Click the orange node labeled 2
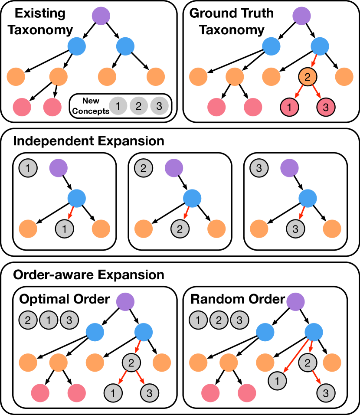308,77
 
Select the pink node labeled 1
289,108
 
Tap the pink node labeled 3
326,108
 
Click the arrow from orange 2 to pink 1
298,91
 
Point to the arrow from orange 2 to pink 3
317,91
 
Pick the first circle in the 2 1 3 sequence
28,320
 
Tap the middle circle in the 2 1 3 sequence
49,320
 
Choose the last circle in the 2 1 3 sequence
69,320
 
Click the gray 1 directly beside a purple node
28,168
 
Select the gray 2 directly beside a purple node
144,168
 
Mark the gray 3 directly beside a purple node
259,168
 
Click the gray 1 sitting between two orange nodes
65,229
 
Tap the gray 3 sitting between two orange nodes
295,229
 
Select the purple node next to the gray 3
289,168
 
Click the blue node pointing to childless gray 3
308,198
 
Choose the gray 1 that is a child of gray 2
113,393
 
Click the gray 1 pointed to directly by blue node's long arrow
277,381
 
